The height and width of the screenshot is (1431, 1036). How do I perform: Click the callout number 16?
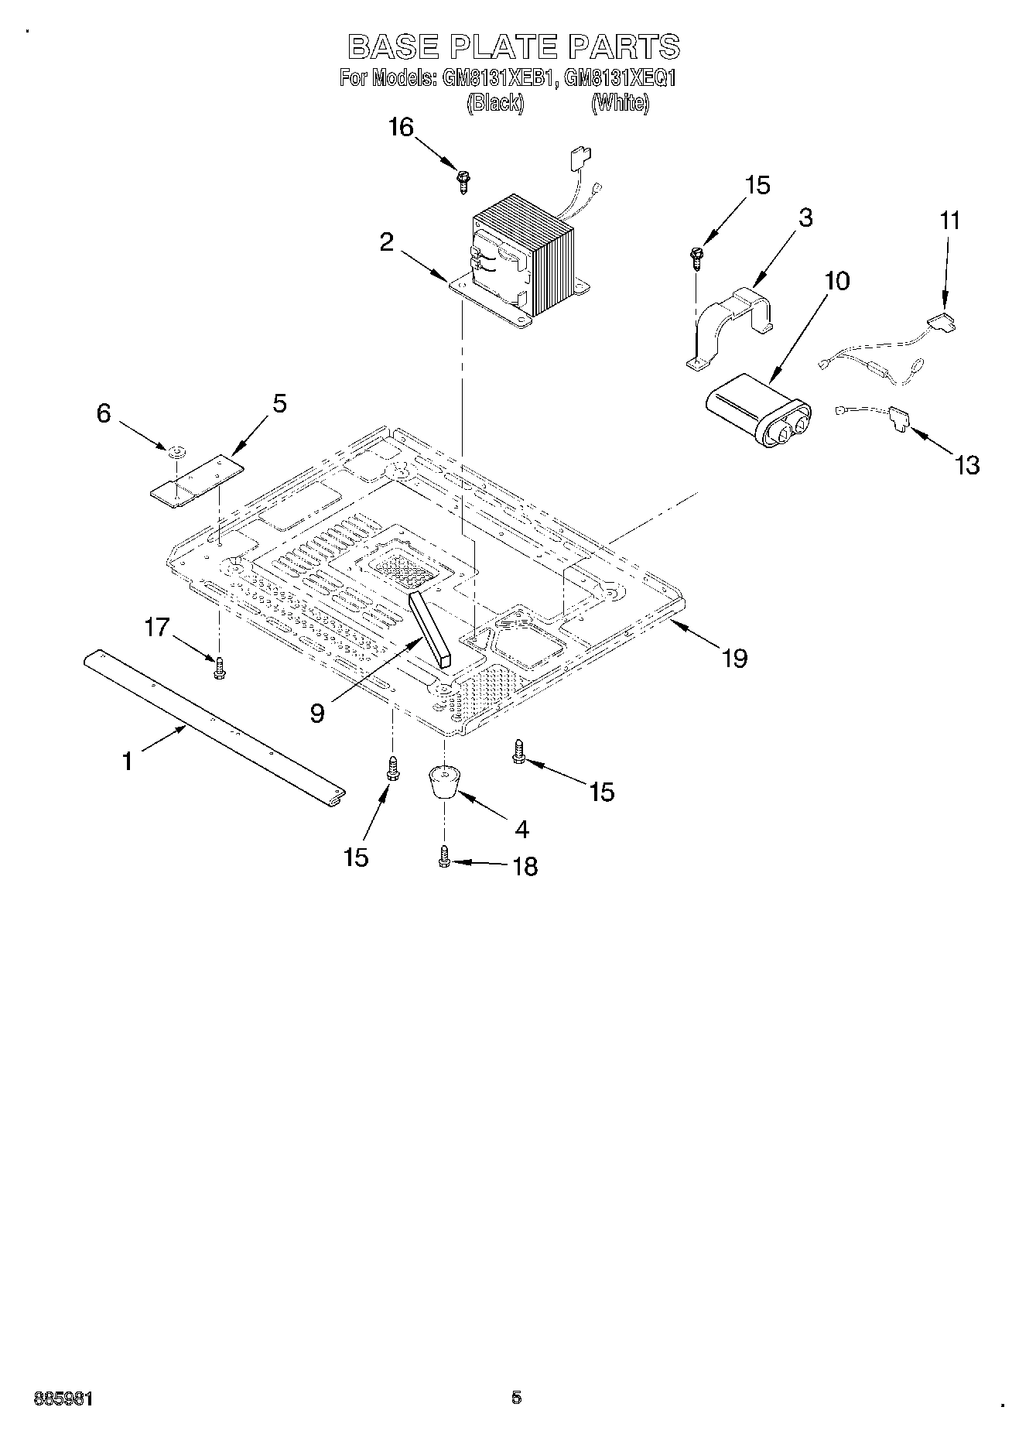(x=401, y=128)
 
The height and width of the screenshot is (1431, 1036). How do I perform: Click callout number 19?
(x=734, y=658)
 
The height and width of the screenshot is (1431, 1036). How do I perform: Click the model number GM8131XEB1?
(x=498, y=78)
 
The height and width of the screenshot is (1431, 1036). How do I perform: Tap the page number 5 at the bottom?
(x=516, y=1397)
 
